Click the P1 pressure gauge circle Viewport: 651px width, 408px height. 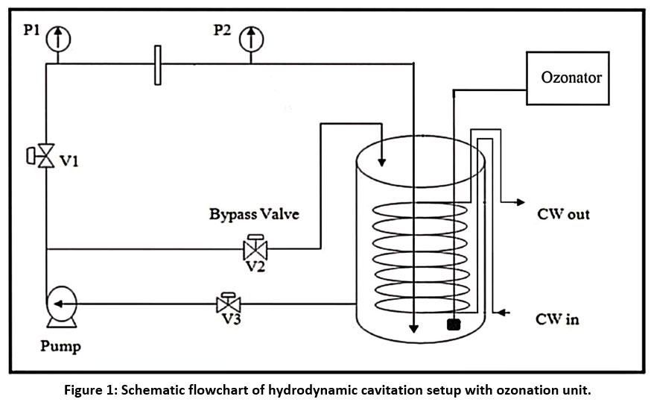pyautogui.click(x=57, y=37)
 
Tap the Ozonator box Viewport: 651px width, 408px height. pyautogui.click(x=571, y=77)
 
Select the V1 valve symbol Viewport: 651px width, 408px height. pyautogui.click(x=46, y=157)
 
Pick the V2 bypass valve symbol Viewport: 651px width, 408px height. pyautogui.click(x=255, y=248)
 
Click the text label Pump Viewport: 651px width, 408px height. pyautogui.click(x=61, y=346)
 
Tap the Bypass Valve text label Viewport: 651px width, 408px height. pyautogui.click(x=254, y=215)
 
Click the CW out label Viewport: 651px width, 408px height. pyautogui.click(x=563, y=214)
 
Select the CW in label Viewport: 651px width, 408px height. pyautogui.click(x=557, y=319)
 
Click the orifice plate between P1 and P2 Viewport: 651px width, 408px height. pyautogui.click(x=157, y=65)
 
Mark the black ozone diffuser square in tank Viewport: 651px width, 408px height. pyautogui.click(x=451, y=324)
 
